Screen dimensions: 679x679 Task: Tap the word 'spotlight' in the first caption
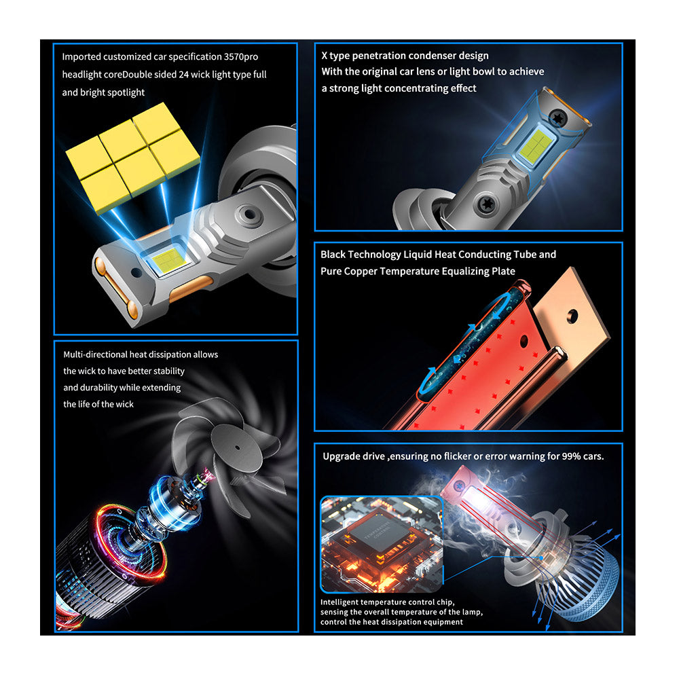click(x=125, y=92)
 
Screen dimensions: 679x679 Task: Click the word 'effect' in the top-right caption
click(x=462, y=88)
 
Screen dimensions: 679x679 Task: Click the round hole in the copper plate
click(x=572, y=315)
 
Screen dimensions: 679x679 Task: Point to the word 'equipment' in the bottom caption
click(x=442, y=621)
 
